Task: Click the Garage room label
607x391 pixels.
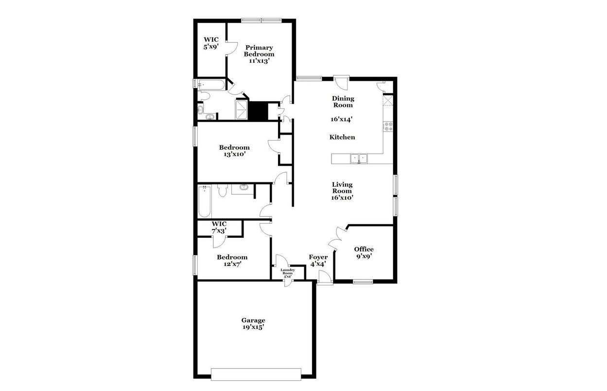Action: [253, 323]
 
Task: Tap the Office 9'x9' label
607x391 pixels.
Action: [364, 252]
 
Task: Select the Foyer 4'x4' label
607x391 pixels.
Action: [318, 260]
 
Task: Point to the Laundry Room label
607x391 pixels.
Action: [288, 273]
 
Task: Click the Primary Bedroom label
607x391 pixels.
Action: [259, 54]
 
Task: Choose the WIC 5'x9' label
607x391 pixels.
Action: [210, 43]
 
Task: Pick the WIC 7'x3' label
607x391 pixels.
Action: [219, 227]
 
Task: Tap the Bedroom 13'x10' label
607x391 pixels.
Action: [234, 151]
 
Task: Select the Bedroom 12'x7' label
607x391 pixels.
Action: [232, 260]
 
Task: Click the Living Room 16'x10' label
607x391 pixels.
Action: [342, 191]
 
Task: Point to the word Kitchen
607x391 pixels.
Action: [342, 137]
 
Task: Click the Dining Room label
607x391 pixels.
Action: [343, 102]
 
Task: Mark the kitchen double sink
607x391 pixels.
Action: [360, 158]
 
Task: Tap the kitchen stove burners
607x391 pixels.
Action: [388, 127]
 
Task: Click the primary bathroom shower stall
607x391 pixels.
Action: [242, 110]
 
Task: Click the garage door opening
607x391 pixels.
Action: [256, 373]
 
